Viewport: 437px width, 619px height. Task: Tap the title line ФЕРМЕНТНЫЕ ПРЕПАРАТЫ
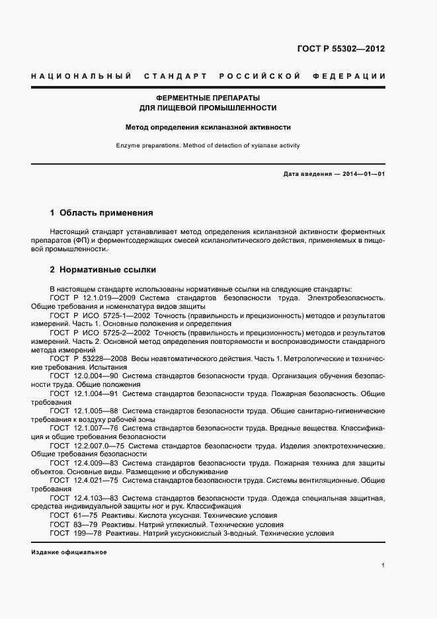coord(208,97)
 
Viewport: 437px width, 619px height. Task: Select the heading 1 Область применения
coord(101,213)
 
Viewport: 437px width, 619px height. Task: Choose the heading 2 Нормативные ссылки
coord(102,270)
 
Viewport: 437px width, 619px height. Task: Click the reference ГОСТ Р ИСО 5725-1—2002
coord(91,315)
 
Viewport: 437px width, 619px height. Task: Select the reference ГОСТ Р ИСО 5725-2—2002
coord(91,333)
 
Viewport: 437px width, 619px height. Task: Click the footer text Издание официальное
coord(69,552)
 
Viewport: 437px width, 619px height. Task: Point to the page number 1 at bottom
coord(383,565)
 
